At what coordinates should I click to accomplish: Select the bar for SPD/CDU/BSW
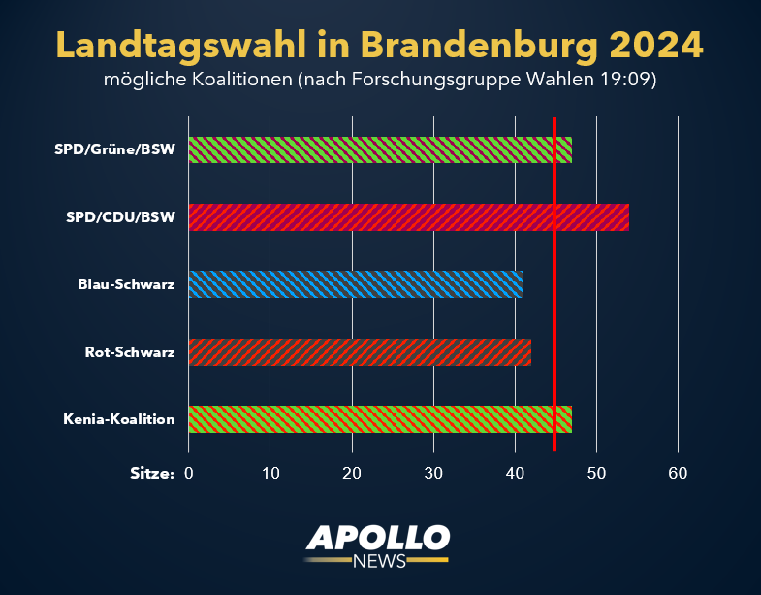point(408,217)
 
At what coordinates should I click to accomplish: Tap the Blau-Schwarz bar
point(356,284)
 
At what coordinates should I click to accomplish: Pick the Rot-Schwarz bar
point(360,352)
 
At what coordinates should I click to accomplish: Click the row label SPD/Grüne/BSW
point(114,149)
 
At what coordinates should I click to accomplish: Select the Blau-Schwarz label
point(126,284)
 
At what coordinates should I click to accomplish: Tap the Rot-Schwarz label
point(130,352)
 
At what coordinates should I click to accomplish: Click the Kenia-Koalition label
point(119,419)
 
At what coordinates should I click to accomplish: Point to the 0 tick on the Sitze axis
point(189,474)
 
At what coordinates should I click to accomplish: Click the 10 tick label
point(270,474)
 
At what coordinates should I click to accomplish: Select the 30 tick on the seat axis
point(433,474)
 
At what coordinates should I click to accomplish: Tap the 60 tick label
point(678,474)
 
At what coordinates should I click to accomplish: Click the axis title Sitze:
point(152,474)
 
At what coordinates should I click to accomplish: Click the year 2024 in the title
point(656,44)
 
